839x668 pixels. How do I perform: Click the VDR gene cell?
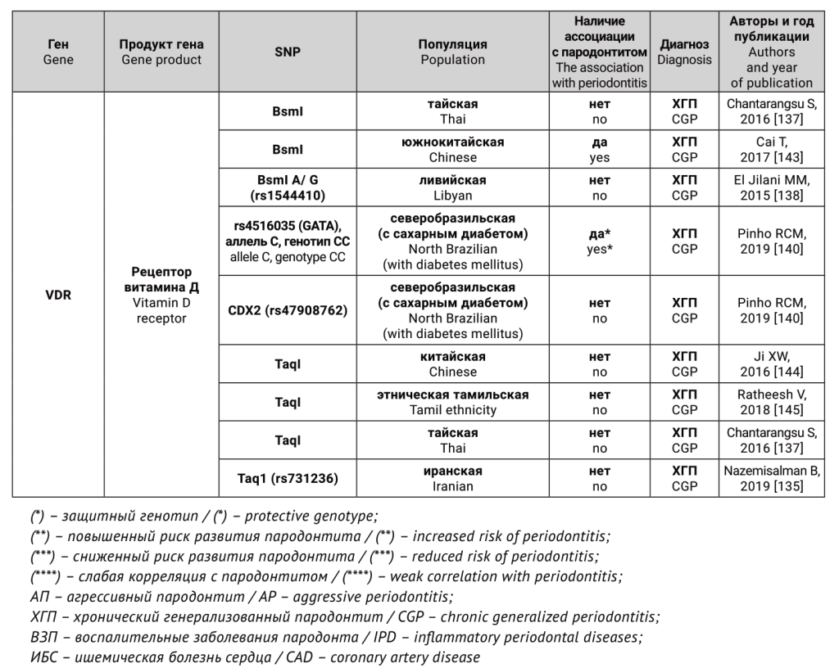tap(57, 295)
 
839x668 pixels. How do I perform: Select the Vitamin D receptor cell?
tap(161, 295)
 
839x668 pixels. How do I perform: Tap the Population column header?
tap(452, 52)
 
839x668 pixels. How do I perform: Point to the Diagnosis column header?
tap(684, 52)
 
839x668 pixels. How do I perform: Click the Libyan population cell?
tap(452, 187)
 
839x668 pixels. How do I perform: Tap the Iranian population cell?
tap(452, 479)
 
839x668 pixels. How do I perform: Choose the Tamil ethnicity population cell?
tap(452, 402)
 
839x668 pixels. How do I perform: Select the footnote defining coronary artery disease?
tap(254, 657)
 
